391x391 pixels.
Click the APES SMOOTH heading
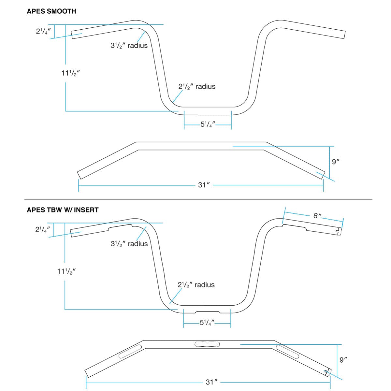tap(51, 11)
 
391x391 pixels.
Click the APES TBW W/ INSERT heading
tap(63, 210)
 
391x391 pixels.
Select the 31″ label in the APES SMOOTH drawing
tap(204, 185)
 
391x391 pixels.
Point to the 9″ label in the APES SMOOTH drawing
tap(336, 161)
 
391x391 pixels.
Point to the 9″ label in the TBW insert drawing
tap(343, 360)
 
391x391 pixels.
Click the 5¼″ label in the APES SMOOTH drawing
tap(208, 124)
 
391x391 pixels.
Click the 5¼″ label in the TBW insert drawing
tap(207, 323)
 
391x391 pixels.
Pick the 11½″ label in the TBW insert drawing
tap(66, 271)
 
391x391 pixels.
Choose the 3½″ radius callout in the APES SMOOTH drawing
tap(129, 46)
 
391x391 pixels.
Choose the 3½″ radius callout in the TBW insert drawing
tap(129, 244)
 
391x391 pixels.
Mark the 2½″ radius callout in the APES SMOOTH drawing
tap(197, 87)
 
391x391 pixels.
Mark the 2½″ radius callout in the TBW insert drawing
tap(196, 285)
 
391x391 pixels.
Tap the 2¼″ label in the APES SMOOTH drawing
tap(43, 31)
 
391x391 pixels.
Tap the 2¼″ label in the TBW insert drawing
tap(42, 229)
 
